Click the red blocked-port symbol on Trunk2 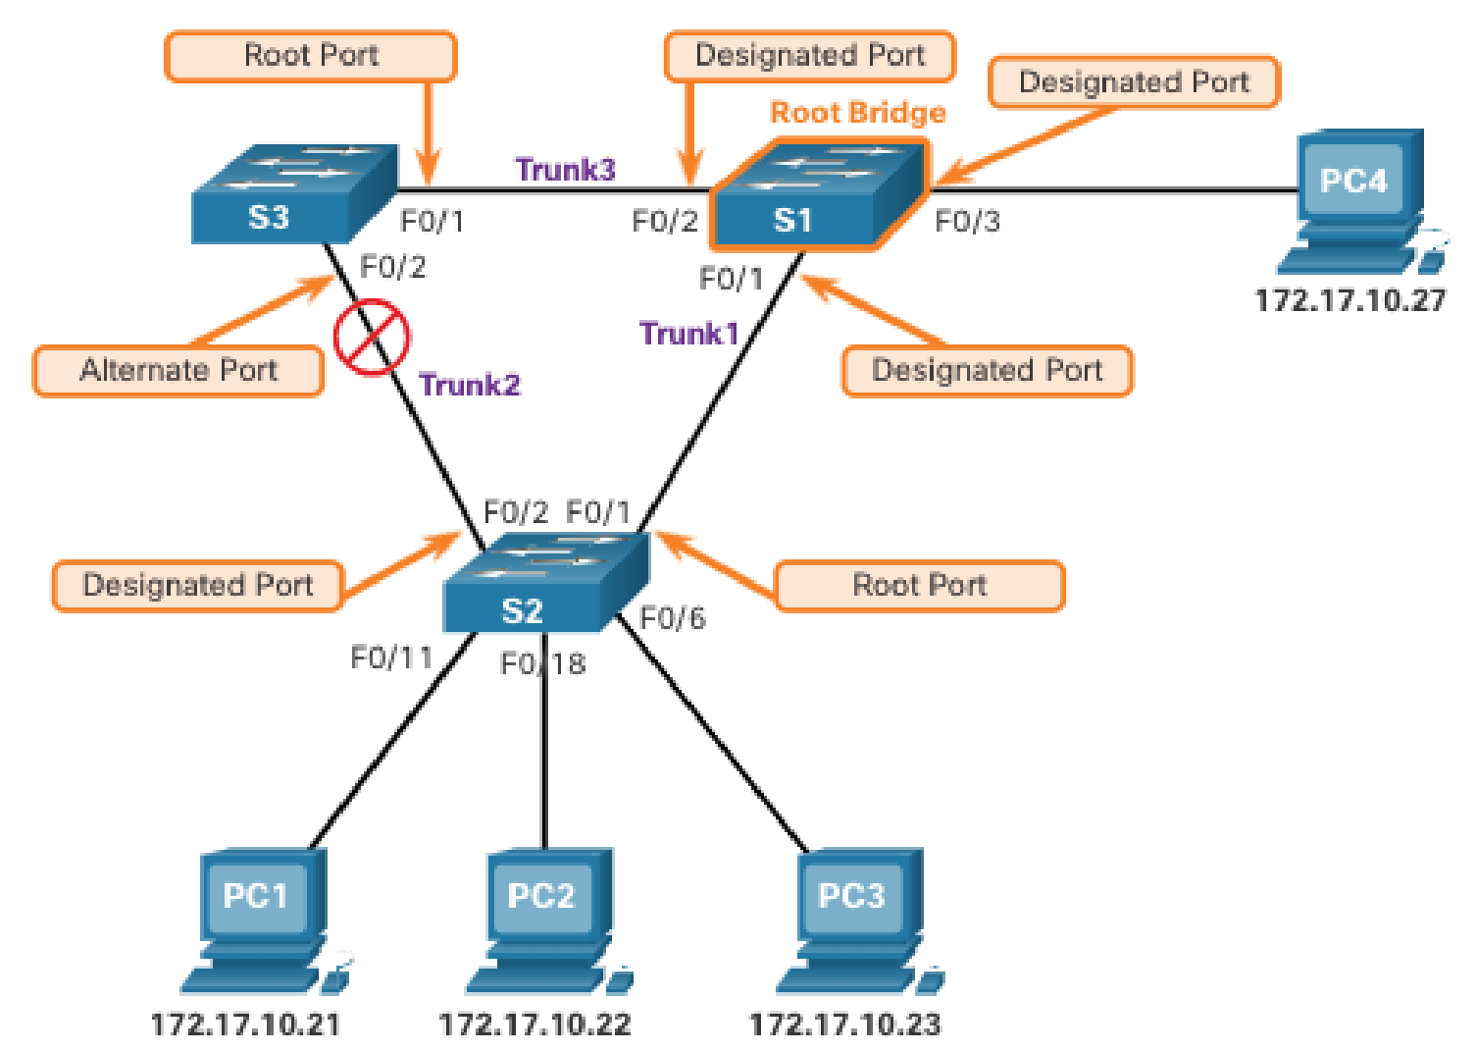click(x=371, y=338)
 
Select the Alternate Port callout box click(x=178, y=371)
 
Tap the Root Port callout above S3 click(x=311, y=56)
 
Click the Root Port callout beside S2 click(x=919, y=586)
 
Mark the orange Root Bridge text click(x=858, y=113)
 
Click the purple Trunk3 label click(x=566, y=170)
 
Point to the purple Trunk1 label click(x=688, y=334)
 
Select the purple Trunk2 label click(x=470, y=385)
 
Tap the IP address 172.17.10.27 click(x=1350, y=300)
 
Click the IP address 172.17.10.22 click(x=535, y=1026)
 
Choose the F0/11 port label click(x=391, y=657)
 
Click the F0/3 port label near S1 click(x=967, y=222)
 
